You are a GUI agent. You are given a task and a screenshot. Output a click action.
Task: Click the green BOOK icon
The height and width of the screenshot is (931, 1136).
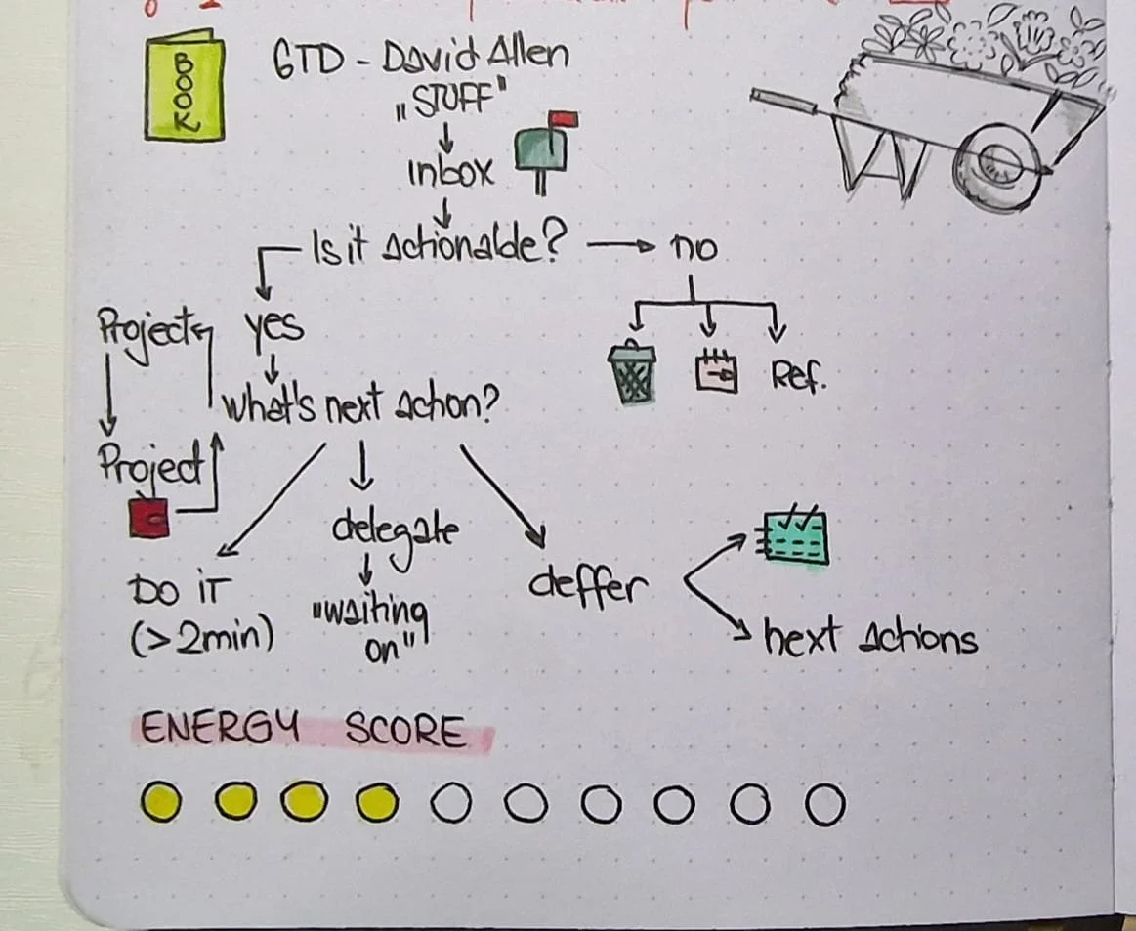pos(183,87)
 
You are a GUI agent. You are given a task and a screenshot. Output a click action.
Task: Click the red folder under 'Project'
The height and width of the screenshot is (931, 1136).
pos(148,517)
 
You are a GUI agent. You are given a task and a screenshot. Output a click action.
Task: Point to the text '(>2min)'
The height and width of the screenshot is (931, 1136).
pos(201,638)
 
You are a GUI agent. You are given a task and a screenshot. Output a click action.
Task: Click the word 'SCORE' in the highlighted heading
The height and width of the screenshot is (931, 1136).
pos(405,732)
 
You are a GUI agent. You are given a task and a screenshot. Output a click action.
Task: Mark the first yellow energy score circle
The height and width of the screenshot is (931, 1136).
pos(160,803)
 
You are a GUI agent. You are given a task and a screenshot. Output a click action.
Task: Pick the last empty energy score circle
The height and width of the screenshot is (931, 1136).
pos(823,805)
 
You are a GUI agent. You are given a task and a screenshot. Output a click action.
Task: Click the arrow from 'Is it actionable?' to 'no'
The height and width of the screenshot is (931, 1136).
pos(620,247)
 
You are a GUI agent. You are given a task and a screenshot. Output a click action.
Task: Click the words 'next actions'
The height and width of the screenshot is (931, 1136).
pos(869,640)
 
